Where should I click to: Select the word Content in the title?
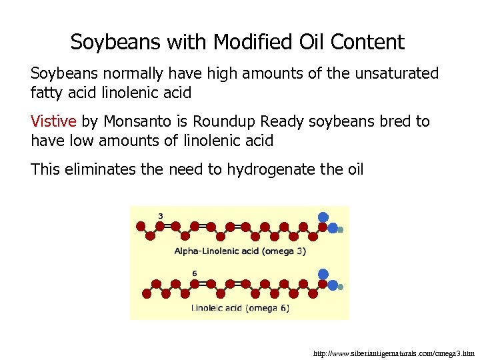click(369, 42)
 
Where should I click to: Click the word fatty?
click(47, 92)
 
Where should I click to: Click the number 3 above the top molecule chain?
click(161, 215)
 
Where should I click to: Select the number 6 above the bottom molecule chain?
click(194, 273)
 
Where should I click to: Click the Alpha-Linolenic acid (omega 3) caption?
click(240, 251)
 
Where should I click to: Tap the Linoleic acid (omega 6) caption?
click(240, 308)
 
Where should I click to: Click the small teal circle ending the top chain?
click(340, 230)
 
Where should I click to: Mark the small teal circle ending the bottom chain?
click(340, 287)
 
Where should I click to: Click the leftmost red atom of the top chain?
click(141, 226)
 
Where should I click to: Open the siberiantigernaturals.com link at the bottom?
click(393, 353)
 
